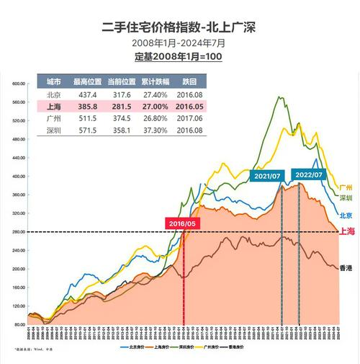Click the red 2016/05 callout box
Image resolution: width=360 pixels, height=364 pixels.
coord(181,223)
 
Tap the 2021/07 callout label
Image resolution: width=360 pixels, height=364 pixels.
coord(266,176)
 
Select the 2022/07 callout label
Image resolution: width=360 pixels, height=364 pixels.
coord(309,174)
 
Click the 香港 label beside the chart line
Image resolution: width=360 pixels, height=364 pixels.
coord(345,267)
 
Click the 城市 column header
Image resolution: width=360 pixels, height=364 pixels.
coord(53,81)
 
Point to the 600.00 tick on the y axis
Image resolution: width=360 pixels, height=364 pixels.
coord(18,84)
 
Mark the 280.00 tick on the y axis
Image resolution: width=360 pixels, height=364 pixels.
coord(18,231)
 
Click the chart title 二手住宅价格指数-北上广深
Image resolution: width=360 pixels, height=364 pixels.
coord(179,27)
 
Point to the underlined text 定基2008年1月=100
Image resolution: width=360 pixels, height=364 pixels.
coord(179,56)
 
